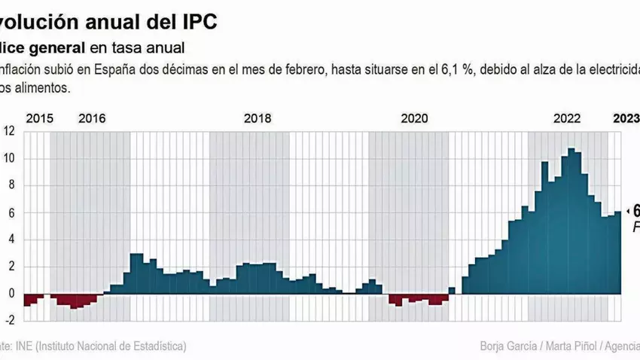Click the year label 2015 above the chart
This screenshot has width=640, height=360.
[x=39, y=118]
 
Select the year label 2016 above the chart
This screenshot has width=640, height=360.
[x=92, y=118]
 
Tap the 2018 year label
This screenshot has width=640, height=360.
[x=258, y=118]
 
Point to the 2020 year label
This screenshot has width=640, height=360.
[x=414, y=118]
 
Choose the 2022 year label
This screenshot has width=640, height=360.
[x=567, y=118]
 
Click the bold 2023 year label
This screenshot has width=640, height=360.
[x=626, y=118]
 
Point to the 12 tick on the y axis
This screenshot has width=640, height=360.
[x=10, y=130]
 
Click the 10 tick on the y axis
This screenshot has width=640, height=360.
[x=10, y=158]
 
